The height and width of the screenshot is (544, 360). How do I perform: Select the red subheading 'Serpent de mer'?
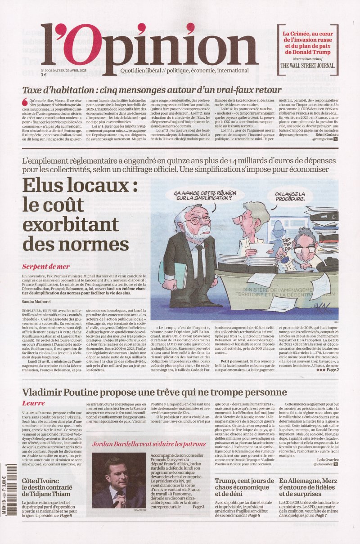(45, 267)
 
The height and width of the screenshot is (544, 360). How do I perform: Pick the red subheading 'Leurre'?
(33, 403)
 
